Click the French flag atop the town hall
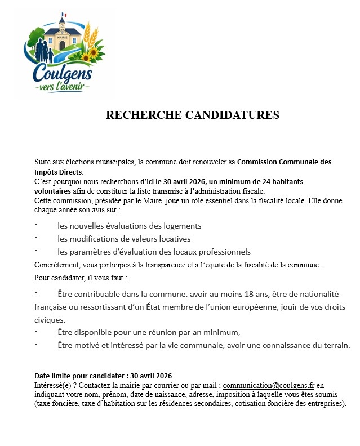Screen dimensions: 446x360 pos(65,15)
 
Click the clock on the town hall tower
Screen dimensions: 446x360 pos(63,25)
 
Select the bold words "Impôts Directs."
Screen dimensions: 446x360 pos(59,172)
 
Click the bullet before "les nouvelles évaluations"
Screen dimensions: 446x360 pos(35,225)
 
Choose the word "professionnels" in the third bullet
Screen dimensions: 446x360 pos(224,252)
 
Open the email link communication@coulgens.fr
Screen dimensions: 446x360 pos(268,386)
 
